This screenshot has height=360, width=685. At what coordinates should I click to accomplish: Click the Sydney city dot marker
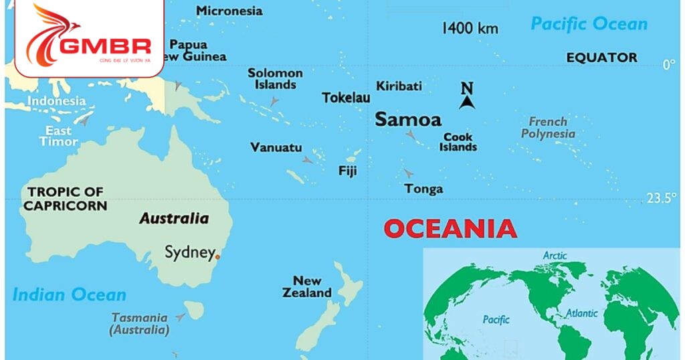[217, 256]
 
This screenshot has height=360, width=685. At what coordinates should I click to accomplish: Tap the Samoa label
[408, 120]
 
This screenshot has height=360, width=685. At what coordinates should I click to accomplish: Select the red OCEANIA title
[450, 229]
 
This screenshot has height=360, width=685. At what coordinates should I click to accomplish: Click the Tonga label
[423, 189]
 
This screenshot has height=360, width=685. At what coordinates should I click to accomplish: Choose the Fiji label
[347, 171]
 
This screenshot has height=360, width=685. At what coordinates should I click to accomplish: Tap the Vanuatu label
[276, 147]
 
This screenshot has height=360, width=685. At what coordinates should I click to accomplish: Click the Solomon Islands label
[275, 79]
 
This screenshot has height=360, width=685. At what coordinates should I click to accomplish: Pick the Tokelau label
[346, 98]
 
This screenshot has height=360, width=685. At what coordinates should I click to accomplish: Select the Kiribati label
[399, 86]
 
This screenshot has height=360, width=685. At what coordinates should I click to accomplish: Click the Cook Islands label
[458, 142]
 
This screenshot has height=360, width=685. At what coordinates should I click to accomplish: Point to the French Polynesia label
[548, 127]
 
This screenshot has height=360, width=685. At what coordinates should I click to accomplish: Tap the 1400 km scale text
[470, 28]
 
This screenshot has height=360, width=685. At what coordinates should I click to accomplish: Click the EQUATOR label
[601, 58]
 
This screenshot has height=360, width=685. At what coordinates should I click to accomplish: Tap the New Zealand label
[307, 286]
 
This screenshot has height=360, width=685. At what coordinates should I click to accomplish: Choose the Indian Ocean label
[69, 294]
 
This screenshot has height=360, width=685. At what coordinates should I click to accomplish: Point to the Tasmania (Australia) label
[139, 324]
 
